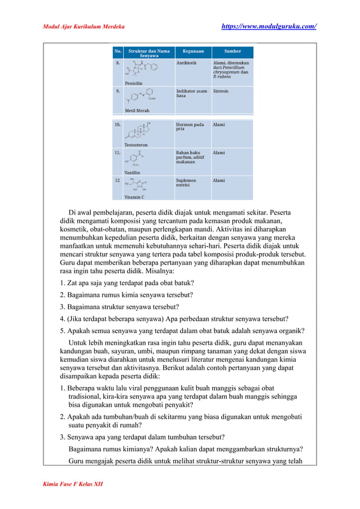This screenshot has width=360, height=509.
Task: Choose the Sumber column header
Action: click(232, 51)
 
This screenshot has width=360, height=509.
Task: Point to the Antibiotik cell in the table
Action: click(187, 63)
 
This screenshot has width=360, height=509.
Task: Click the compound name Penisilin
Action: click(134, 83)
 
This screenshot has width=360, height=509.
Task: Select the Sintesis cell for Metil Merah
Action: click(221, 91)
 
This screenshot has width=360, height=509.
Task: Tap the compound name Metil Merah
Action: click(137, 111)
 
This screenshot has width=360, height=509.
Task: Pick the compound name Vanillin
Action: click(133, 172)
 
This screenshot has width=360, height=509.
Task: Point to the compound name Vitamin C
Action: click(134, 198)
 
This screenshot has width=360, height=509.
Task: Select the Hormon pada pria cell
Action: click(190, 127)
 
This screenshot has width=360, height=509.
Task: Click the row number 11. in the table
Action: click(117, 152)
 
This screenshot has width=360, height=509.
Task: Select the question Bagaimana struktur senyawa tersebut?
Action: click(120, 307)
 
